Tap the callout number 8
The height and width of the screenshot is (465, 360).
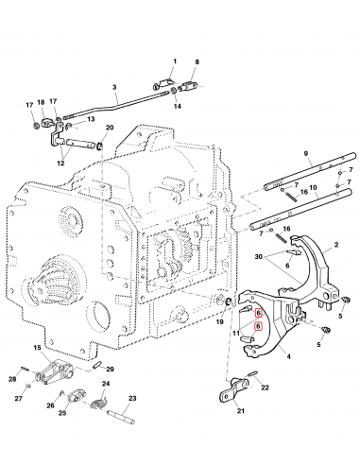197,62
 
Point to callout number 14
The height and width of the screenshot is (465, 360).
176,106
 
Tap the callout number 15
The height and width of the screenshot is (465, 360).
37,348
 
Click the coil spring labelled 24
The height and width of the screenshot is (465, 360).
96,405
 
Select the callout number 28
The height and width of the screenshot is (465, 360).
14,379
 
